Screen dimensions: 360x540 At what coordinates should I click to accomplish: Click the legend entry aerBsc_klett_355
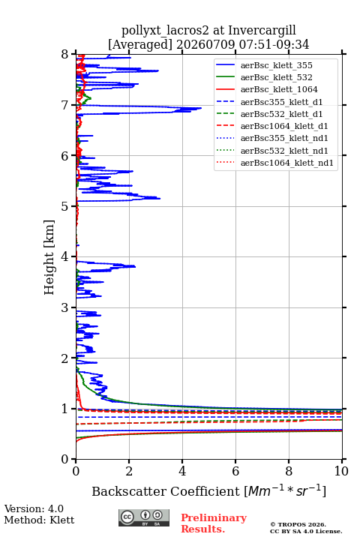click(x=264, y=65)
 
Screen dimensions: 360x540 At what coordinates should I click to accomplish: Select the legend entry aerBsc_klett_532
click(x=264, y=77)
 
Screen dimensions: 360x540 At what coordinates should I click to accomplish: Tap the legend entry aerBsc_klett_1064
click(x=267, y=89)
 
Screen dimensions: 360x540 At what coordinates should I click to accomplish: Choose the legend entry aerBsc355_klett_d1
click(x=269, y=102)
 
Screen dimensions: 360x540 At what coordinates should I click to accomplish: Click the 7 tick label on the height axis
click(x=65, y=105)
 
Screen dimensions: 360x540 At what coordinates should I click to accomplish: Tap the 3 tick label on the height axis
click(x=65, y=307)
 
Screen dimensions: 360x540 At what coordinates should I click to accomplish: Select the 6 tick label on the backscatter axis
click(x=235, y=471)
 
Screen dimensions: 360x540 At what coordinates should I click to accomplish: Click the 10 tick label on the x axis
click(x=341, y=471)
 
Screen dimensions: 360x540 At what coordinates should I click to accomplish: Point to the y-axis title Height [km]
click(x=49, y=257)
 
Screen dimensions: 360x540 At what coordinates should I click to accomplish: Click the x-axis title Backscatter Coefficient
click(x=166, y=491)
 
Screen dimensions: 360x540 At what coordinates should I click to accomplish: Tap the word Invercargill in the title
click(x=262, y=31)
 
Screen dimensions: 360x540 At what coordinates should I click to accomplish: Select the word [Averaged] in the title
click(x=139, y=45)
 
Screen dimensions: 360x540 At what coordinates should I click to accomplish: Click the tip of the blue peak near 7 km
click(x=202, y=108)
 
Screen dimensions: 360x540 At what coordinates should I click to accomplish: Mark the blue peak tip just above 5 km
click(x=160, y=198)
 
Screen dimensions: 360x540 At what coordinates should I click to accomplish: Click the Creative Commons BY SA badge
click(x=144, y=517)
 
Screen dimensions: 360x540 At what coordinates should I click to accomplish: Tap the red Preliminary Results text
click(x=214, y=523)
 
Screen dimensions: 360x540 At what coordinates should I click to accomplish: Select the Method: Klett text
click(x=39, y=520)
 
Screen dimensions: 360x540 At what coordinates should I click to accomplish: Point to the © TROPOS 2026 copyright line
click(x=298, y=524)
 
